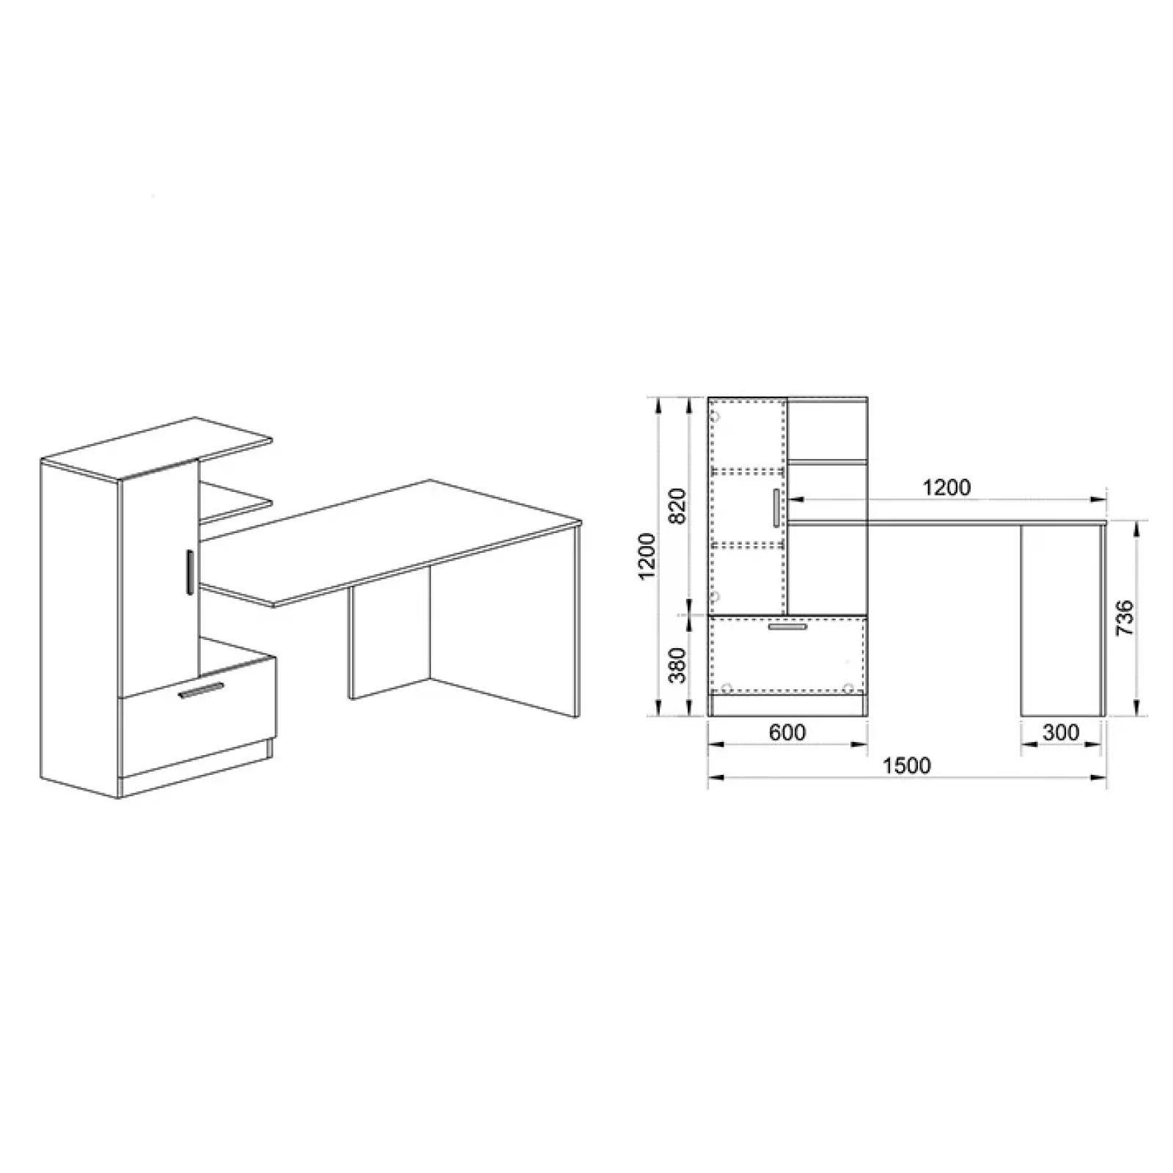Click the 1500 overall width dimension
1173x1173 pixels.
pos(907,765)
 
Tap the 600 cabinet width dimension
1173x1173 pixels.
pos(787,732)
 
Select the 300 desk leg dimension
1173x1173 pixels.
pos(1061,732)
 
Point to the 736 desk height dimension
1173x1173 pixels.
pos(1125,617)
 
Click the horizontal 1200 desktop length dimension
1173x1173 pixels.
pos(946,488)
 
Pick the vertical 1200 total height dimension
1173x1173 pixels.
pos(647,556)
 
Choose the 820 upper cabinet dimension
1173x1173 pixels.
pos(678,506)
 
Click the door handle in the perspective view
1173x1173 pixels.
pos(189,572)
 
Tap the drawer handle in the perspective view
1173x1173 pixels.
pos(202,691)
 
